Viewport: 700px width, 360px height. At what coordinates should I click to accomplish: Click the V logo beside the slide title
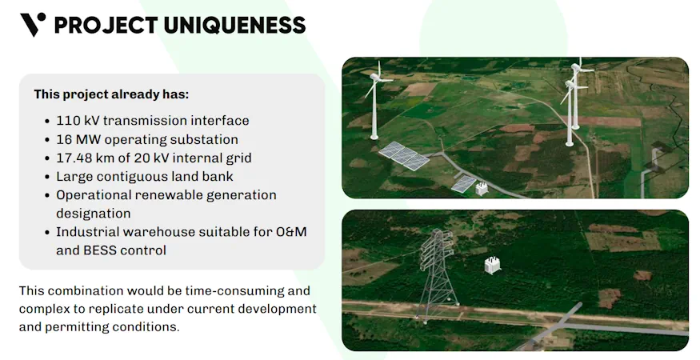point(32,25)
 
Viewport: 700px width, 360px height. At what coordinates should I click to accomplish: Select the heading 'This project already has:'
point(111,94)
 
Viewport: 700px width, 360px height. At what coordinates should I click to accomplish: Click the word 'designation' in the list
point(93,214)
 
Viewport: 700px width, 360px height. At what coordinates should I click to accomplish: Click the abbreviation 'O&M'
point(290,232)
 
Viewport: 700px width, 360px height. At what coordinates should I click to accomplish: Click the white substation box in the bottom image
point(491,266)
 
